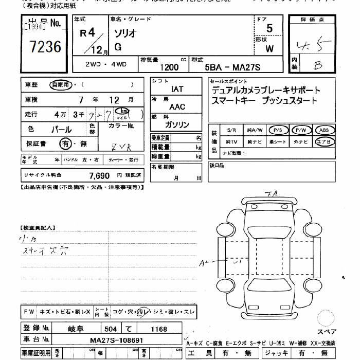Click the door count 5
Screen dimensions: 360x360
point(269,29)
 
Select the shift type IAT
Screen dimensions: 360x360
point(177,89)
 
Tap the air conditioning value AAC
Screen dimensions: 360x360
point(177,107)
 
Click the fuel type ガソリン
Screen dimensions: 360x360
point(177,125)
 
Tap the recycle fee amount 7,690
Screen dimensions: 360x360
point(99,175)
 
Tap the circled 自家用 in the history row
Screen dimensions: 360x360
point(60,85)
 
